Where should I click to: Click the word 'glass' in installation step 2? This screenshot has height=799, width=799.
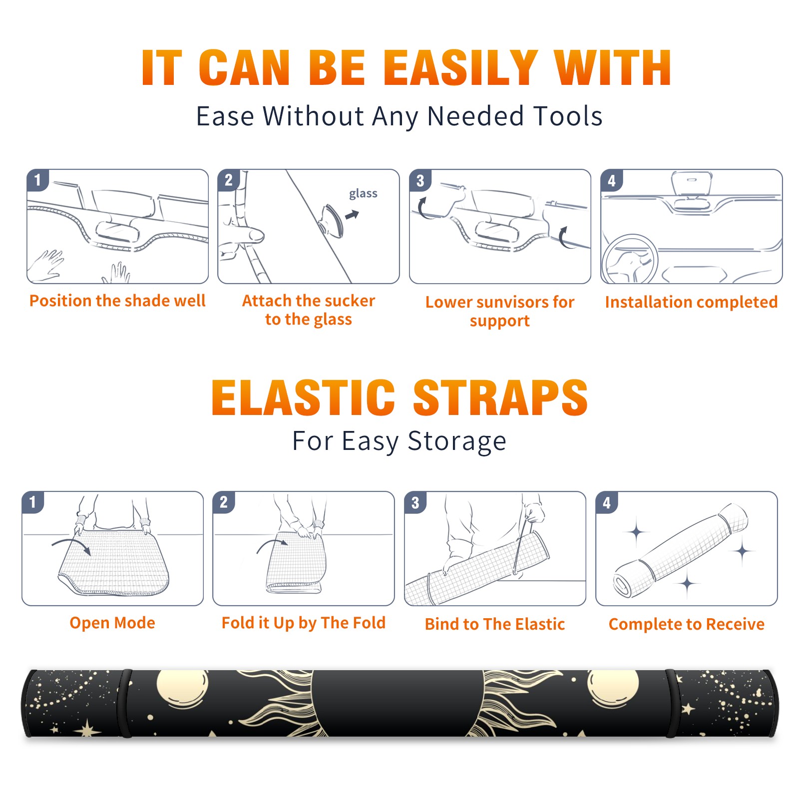coord(363,194)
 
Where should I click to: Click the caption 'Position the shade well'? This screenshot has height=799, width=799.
coord(117,301)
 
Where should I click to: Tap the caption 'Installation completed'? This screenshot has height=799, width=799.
coord(691,302)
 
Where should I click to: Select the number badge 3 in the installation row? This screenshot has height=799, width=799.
coord(420,181)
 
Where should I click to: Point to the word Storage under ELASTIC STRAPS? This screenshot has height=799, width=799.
coord(457,441)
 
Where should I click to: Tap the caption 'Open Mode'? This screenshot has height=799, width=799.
coord(112,623)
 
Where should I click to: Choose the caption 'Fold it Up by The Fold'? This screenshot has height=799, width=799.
coord(304,623)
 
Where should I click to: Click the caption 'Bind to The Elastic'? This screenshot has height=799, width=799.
coord(495,624)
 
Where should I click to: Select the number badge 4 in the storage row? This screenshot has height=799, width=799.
coord(607,503)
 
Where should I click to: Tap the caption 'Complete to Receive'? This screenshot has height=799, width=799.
coord(687,624)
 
